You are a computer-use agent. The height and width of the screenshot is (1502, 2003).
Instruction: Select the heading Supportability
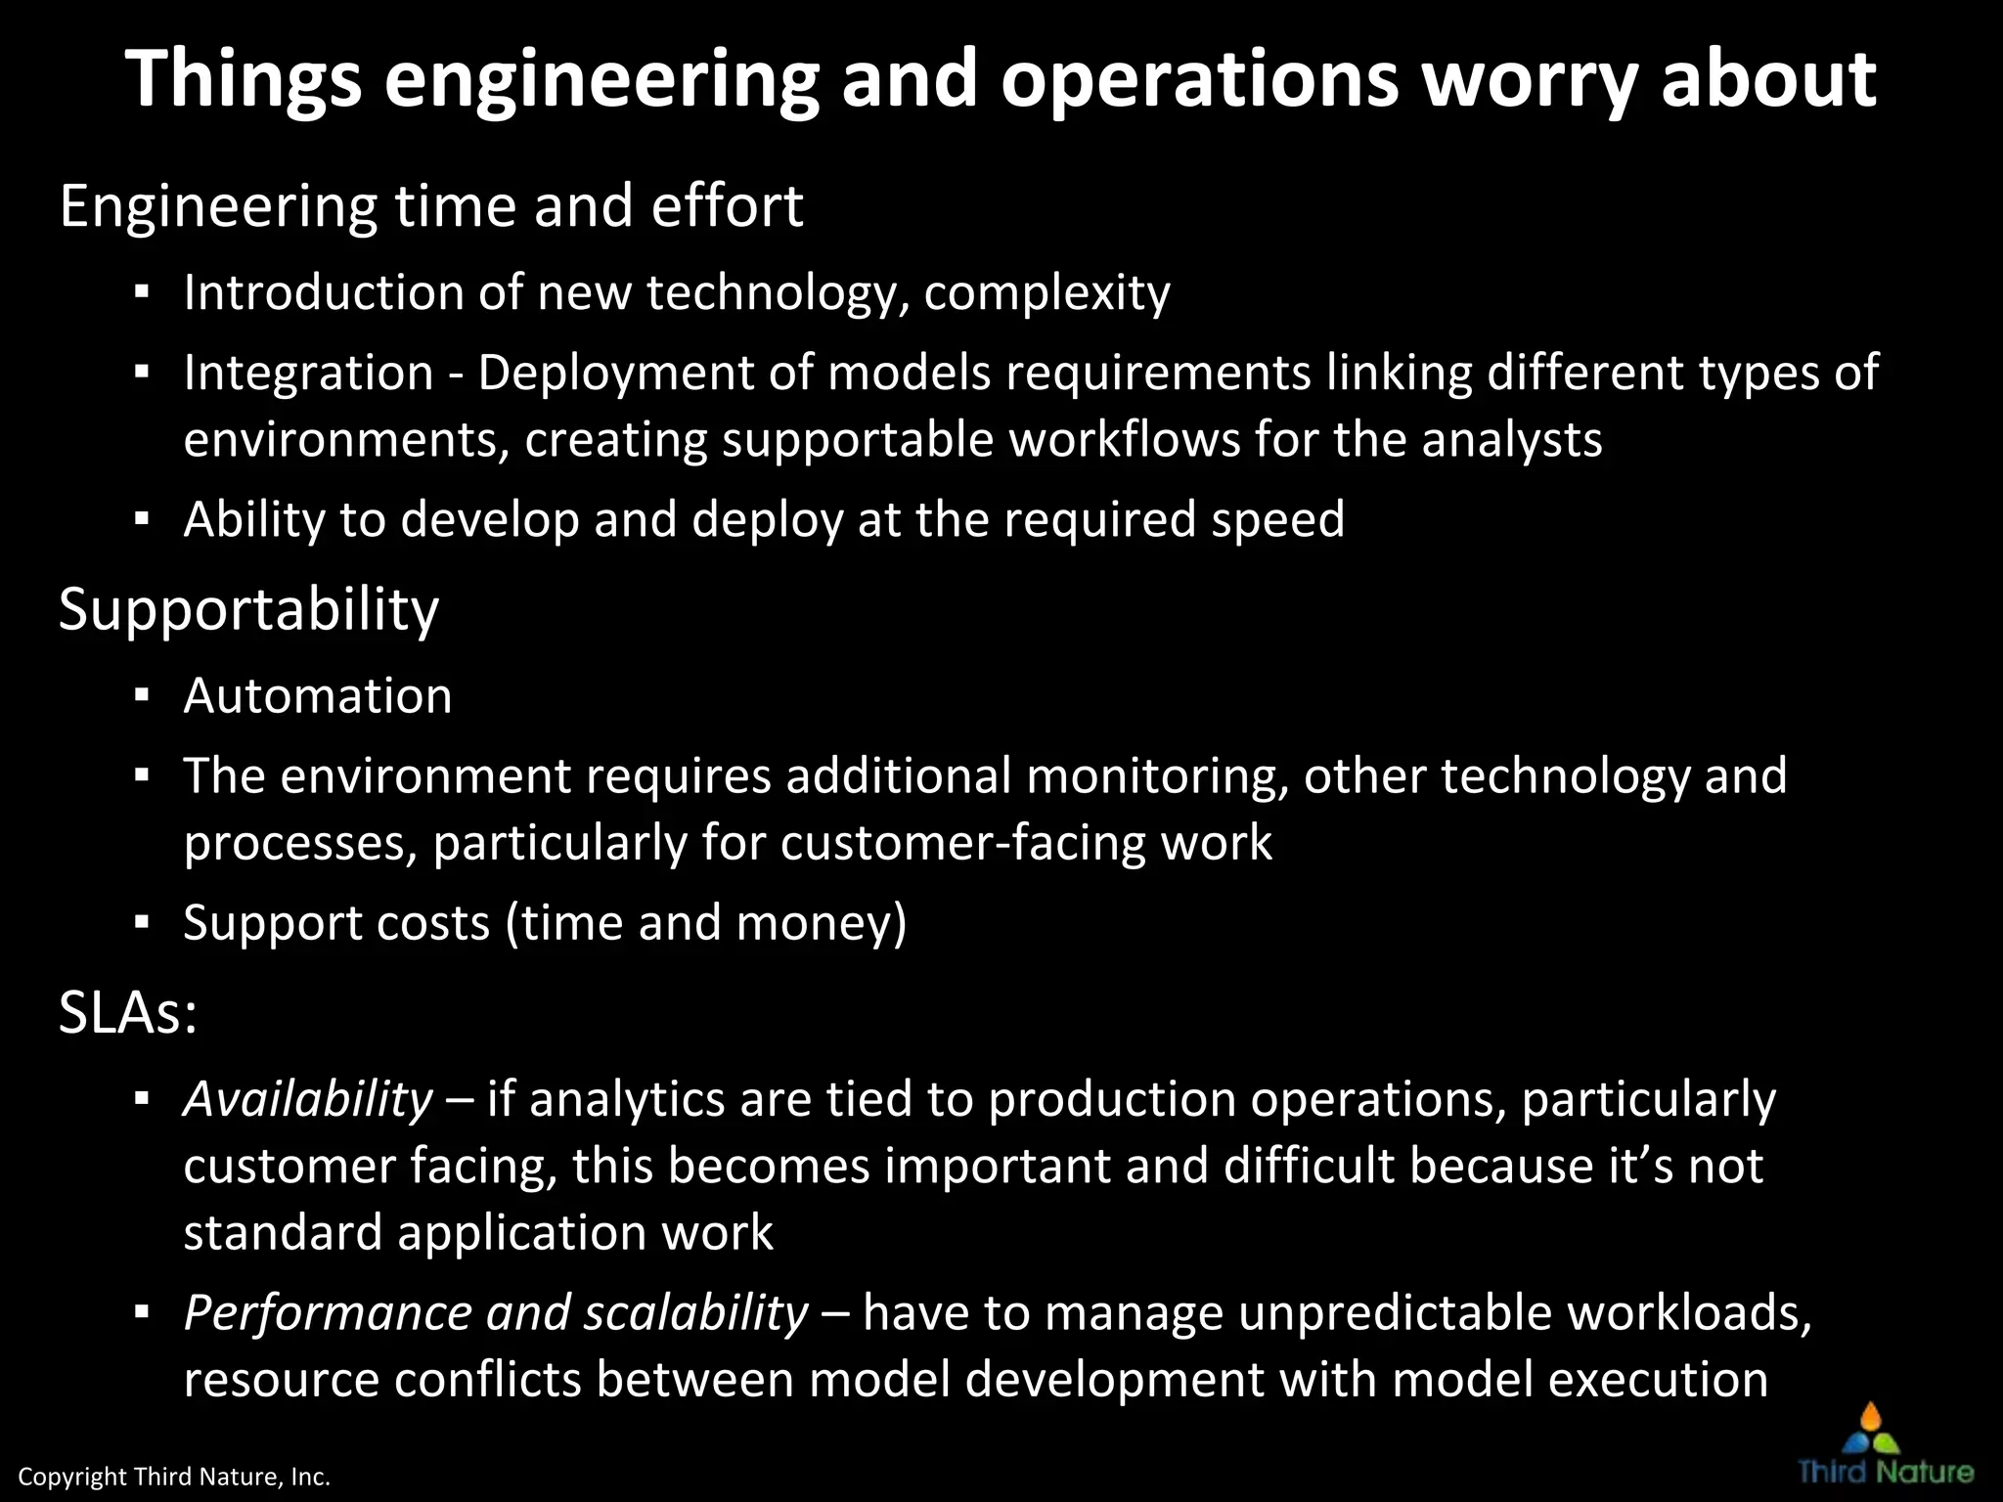tap(248, 610)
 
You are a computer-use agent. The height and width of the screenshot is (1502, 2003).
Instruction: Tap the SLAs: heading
tap(128, 1013)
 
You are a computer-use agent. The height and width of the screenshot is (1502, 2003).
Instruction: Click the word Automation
tap(318, 696)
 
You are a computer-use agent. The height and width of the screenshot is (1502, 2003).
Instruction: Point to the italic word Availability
tap(307, 1099)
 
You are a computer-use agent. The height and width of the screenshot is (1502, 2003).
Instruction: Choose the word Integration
tap(308, 374)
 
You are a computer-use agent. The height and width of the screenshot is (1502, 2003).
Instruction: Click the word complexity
tap(1046, 293)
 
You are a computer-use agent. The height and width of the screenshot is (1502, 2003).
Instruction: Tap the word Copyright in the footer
tap(72, 1477)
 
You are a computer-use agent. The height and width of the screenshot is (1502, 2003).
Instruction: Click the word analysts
tap(1511, 440)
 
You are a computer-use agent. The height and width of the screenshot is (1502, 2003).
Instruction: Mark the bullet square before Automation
tap(143, 695)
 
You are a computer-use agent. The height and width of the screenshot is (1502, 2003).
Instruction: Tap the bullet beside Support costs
tap(143, 922)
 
